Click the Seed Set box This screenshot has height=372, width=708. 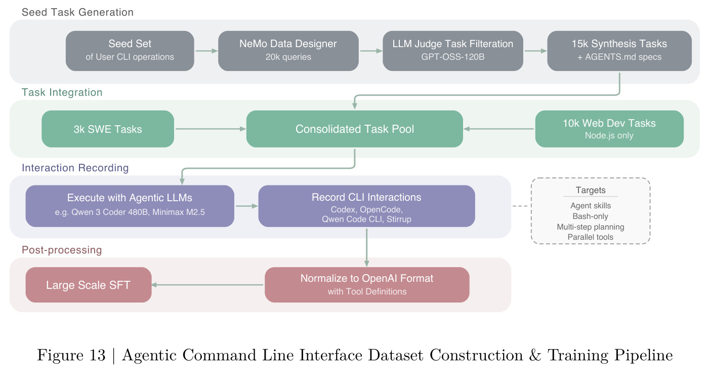point(130,51)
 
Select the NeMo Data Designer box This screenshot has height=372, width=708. point(288,51)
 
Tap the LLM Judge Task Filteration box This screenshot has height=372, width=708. point(453,51)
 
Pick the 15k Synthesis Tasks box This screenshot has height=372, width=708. point(619,51)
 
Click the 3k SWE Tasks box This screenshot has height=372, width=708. point(108,129)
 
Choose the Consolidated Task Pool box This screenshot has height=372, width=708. point(355,129)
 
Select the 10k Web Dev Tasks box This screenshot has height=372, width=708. point(609,129)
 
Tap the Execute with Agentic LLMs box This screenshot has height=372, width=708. point(130,206)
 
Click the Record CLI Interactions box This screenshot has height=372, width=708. point(366,206)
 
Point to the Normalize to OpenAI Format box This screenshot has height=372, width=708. point(367,285)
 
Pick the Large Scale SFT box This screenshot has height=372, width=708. point(89,285)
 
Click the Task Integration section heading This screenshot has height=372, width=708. point(62,92)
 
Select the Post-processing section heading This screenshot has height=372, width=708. point(62,250)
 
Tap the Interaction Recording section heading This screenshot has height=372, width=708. point(75,168)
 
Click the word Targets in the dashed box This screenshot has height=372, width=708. point(591,190)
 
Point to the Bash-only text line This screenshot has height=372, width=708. point(591,216)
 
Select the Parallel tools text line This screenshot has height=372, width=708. point(591,237)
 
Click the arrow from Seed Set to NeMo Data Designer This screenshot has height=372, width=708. point(206,51)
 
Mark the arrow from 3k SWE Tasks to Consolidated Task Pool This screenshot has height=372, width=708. point(211,129)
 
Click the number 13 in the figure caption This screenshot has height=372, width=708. point(97,355)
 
